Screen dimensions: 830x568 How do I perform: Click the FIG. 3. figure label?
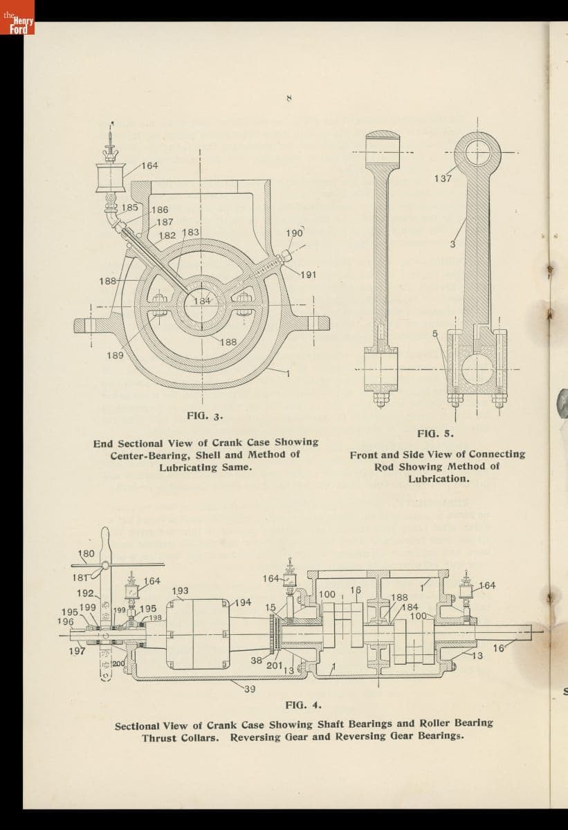204,416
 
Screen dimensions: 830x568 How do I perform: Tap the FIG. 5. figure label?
435,433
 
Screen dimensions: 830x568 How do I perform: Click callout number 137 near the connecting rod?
443,178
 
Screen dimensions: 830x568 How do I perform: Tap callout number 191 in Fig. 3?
309,275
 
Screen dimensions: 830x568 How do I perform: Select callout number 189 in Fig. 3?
115,356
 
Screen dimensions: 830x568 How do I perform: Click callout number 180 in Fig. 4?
86,554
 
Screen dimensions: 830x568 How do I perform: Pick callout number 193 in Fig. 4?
180,591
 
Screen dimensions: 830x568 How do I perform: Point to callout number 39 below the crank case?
249,689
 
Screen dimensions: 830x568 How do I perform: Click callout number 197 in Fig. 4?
77,651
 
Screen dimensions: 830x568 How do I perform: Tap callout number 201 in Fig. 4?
273,665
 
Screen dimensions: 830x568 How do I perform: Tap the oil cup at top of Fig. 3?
111,178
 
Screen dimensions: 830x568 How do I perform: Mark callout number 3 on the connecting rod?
452,243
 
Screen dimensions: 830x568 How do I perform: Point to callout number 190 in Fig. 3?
294,233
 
